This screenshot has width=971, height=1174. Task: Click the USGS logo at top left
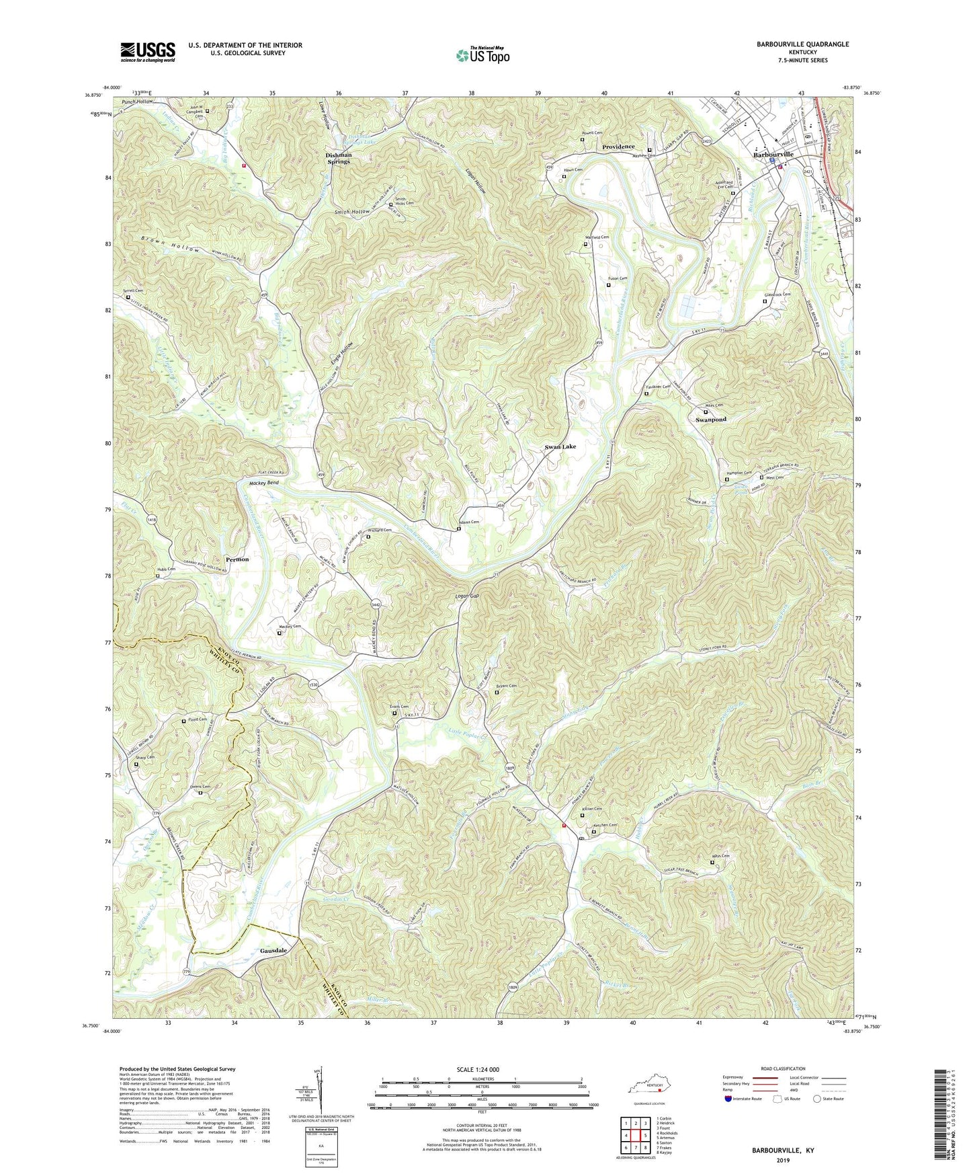click(x=148, y=51)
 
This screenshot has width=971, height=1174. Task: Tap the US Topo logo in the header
click(x=482, y=55)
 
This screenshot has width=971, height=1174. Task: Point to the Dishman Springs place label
click(x=339, y=158)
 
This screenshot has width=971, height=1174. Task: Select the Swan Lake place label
click(x=560, y=446)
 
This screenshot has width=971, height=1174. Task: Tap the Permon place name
click(x=237, y=559)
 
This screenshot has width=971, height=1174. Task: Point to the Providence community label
click(x=618, y=147)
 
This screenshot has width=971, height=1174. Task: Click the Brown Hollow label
click(x=171, y=244)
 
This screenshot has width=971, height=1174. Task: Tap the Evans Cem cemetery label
click(x=398, y=707)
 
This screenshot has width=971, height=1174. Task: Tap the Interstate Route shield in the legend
click(x=729, y=1099)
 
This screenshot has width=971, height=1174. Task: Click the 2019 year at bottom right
click(x=783, y=1160)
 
